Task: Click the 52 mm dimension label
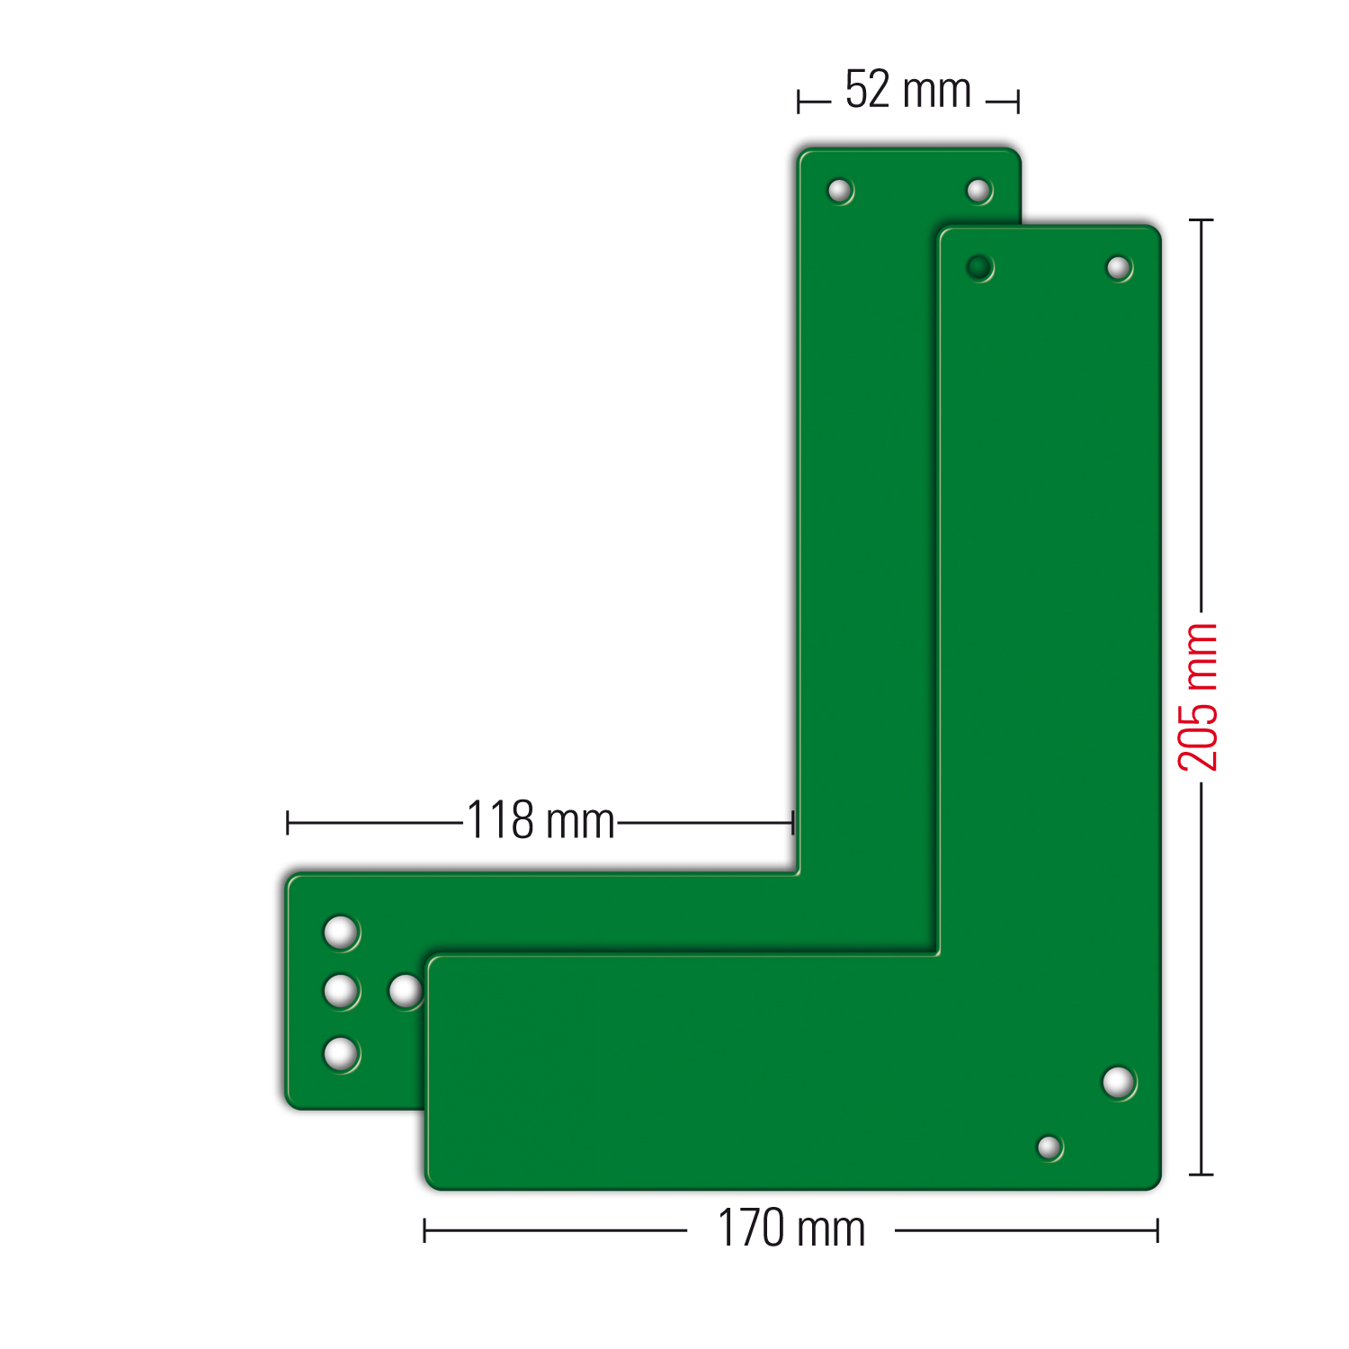[907, 91]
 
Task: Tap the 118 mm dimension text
[540, 820]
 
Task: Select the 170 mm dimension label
[791, 1228]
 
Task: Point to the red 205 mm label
[1199, 697]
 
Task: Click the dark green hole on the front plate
[978, 267]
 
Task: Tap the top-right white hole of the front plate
[1118, 268]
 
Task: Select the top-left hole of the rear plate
[839, 191]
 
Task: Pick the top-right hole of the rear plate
[978, 191]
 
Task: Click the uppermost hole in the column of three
[341, 933]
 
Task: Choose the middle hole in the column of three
[341, 992]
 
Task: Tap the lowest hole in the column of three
[341, 1053]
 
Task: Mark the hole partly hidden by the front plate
[406, 992]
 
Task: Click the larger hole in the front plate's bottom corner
[1118, 1082]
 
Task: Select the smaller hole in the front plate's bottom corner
[1049, 1148]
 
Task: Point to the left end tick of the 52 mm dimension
[799, 102]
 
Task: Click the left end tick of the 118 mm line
[288, 822]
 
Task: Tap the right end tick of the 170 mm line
[1157, 1230]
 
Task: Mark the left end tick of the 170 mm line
[424, 1230]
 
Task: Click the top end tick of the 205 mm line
[1201, 219]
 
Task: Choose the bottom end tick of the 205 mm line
[1201, 1174]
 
